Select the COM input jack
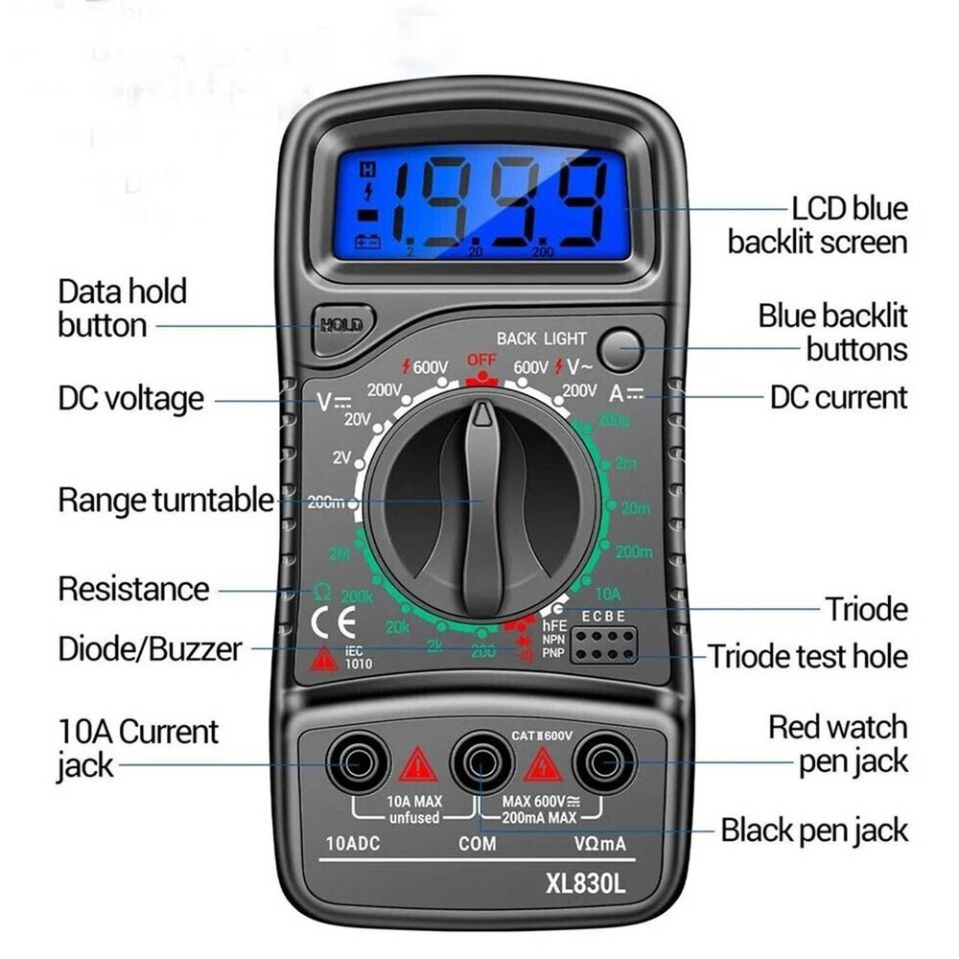479,763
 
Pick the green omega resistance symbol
323,591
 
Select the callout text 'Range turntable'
166,500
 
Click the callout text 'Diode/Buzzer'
150,649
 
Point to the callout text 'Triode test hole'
807,657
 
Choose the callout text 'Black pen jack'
814,830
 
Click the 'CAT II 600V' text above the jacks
542,736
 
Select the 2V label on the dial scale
342,457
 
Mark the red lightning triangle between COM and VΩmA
543,765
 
